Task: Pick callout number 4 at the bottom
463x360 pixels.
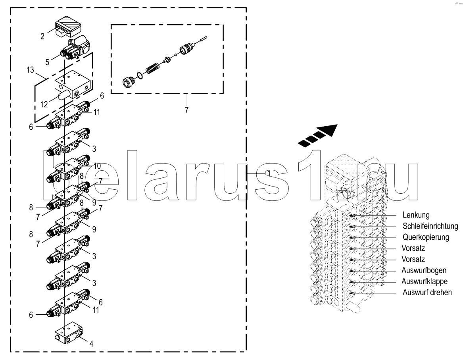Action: (91, 344)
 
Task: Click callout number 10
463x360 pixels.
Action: (97, 166)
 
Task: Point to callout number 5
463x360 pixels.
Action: (48, 62)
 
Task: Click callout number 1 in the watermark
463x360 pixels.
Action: (268, 173)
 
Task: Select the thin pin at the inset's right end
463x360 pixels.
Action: (203, 39)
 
